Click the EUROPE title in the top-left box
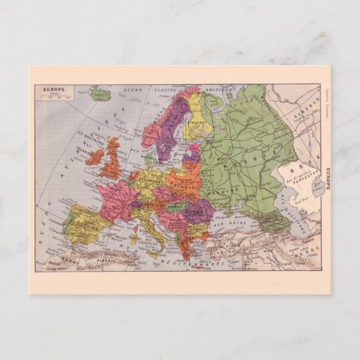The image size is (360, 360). (x=51, y=89)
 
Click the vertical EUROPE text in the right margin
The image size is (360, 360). (x=328, y=178)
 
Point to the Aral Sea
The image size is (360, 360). (x=314, y=183)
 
